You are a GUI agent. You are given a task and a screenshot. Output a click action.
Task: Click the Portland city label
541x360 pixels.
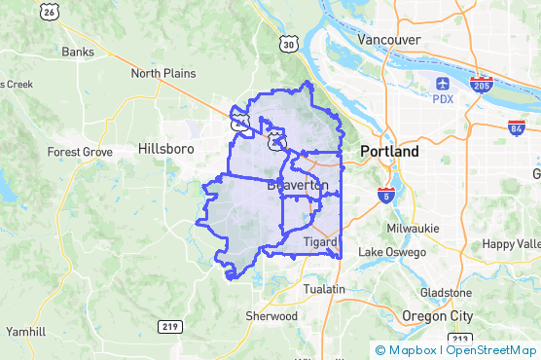[x=389, y=152]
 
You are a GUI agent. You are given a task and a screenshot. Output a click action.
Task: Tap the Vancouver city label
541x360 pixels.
[x=388, y=39]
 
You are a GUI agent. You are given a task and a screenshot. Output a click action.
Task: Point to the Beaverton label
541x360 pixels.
[x=298, y=185]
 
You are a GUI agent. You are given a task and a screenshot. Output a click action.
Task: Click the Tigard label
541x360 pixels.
[x=319, y=241]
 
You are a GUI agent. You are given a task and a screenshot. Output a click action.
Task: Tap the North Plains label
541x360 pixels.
[x=163, y=73]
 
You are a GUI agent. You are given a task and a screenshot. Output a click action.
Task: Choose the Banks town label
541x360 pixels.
[x=77, y=52]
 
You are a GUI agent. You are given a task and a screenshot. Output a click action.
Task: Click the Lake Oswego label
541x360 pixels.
[x=392, y=252]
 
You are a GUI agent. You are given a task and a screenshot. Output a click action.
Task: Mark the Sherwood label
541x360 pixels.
[x=270, y=316]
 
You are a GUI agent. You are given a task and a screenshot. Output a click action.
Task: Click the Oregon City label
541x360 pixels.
[x=437, y=316]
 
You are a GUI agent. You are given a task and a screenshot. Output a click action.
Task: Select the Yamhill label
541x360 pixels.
[x=25, y=331]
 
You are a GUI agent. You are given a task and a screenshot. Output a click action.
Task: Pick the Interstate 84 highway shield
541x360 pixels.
[x=517, y=127]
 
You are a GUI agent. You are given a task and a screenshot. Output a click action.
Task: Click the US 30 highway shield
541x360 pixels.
[x=286, y=44]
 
